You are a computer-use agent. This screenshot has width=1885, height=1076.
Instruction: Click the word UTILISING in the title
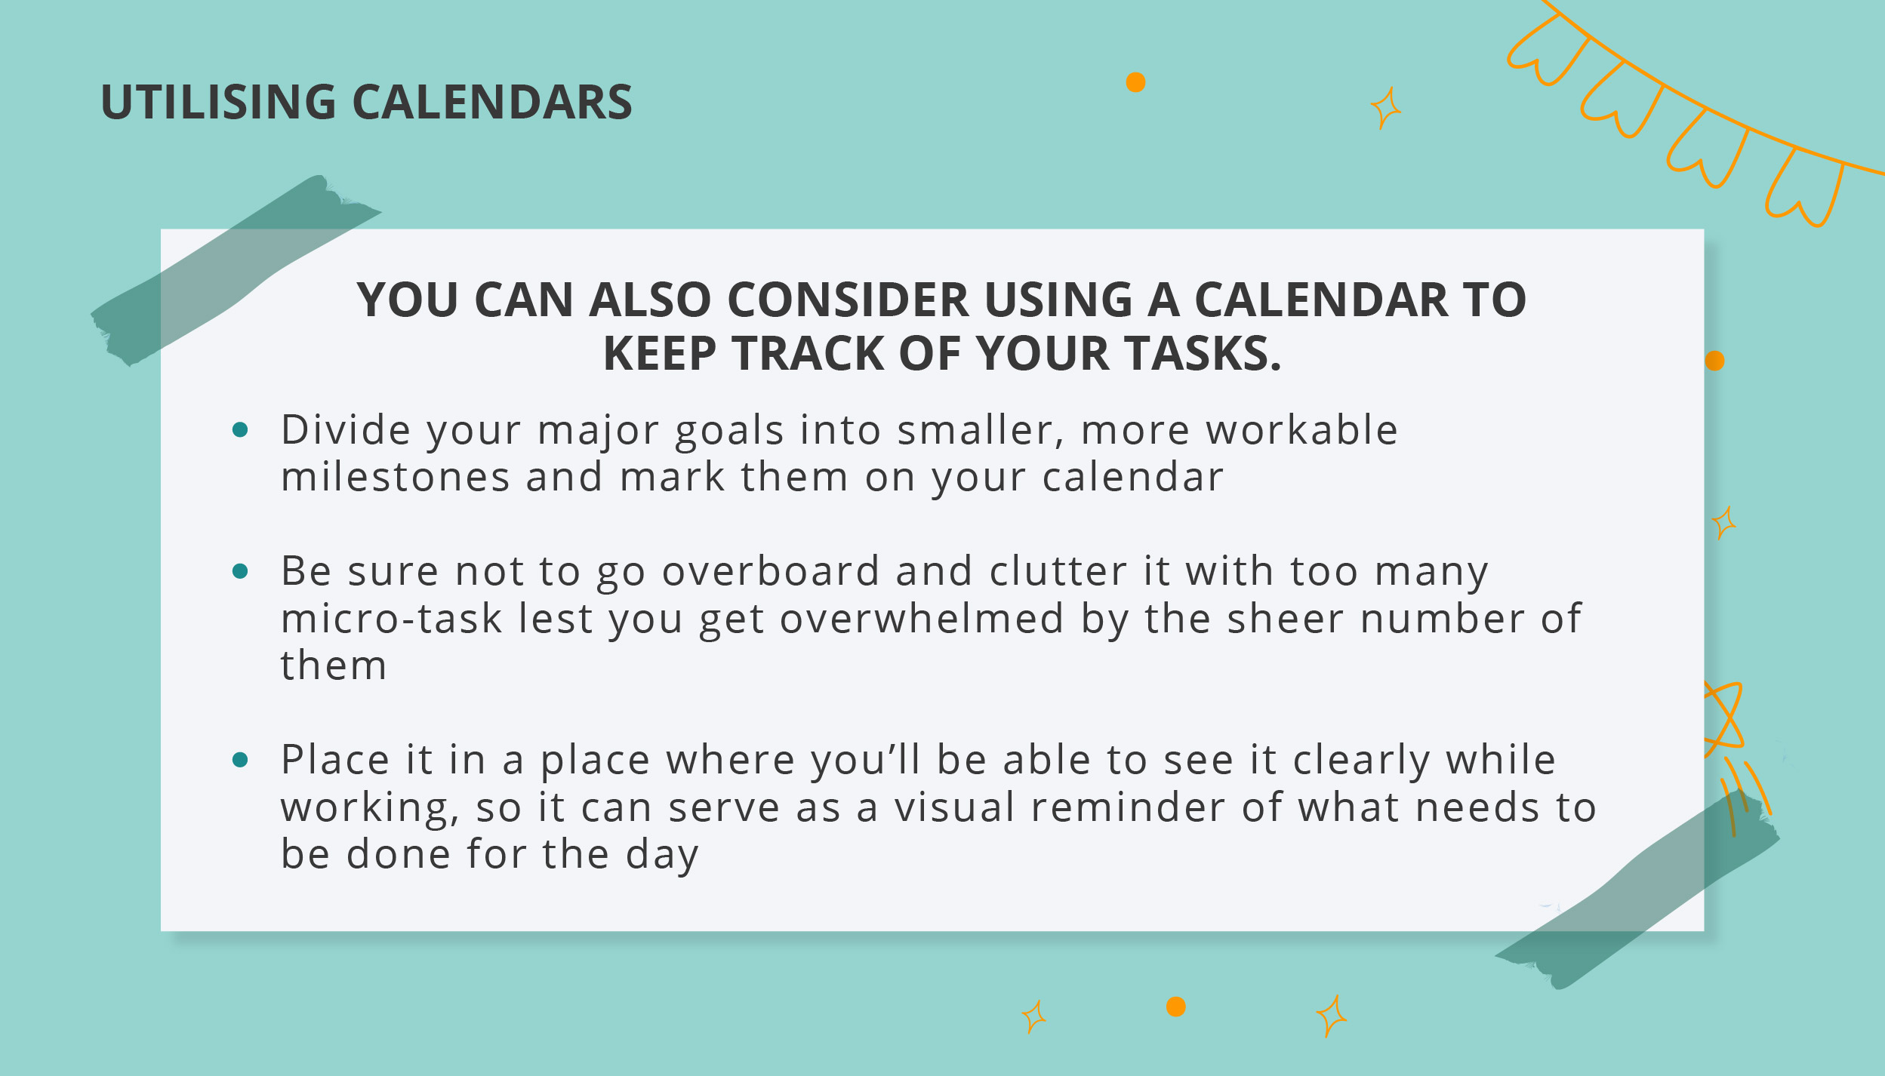(218, 102)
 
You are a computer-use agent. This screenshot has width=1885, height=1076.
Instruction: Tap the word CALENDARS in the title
(492, 102)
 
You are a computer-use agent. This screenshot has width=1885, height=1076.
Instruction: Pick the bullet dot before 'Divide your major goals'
(240, 430)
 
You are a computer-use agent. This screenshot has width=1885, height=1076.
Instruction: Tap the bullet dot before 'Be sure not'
(240, 571)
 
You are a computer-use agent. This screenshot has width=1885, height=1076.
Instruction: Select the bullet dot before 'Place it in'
(240, 760)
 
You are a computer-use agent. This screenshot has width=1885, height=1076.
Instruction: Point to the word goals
(729, 432)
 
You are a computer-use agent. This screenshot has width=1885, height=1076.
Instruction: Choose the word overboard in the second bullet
(771, 571)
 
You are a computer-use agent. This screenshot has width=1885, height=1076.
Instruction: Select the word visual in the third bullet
(954, 807)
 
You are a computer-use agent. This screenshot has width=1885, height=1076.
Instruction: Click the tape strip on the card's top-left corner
(236, 270)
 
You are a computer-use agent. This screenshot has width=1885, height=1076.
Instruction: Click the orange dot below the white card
(1176, 1007)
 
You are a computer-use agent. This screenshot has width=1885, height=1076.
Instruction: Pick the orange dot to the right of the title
(1135, 82)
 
